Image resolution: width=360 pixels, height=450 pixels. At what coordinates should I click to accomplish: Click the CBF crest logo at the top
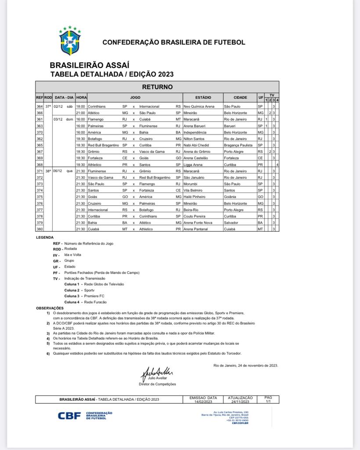[x=70, y=40]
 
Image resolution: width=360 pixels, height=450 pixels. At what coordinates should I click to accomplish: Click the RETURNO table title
[x=158, y=87]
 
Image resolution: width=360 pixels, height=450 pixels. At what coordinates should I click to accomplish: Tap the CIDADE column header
[x=240, y=97]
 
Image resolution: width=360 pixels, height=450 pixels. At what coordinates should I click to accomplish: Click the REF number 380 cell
[x=40, y=229]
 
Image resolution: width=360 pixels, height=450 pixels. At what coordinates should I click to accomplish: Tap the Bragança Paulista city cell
[x=240, y=145]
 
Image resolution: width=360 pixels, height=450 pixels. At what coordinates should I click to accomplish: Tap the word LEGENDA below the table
[x=45, y=238]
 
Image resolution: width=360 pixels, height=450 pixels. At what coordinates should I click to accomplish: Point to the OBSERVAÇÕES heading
[x=50, y=308]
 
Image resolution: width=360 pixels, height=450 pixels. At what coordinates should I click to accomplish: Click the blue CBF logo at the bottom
[x=70, y=415]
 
